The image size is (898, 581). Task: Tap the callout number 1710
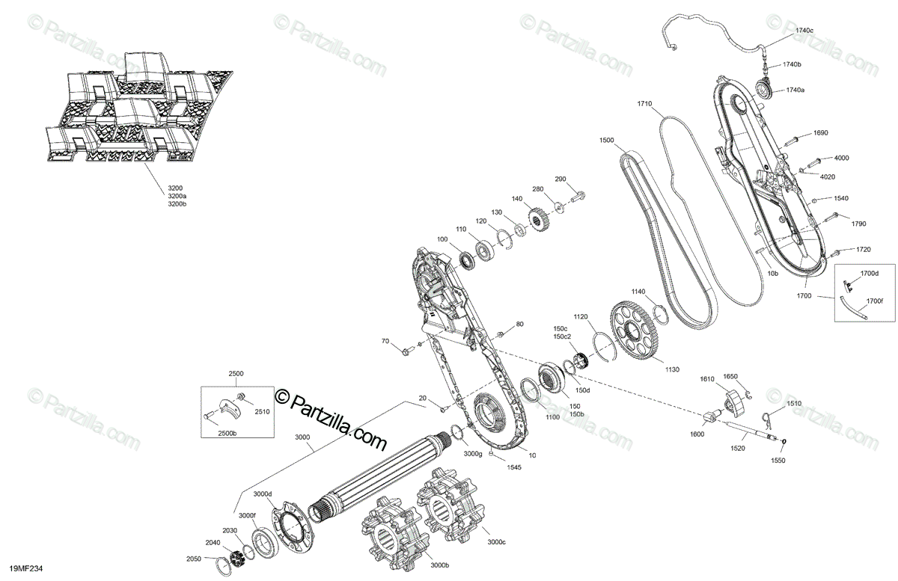645,103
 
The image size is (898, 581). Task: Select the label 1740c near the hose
804,31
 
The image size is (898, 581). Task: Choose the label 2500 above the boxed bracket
236,372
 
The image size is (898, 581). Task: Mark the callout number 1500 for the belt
607,141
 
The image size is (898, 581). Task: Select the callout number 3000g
472,454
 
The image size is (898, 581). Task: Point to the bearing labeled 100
469,260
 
